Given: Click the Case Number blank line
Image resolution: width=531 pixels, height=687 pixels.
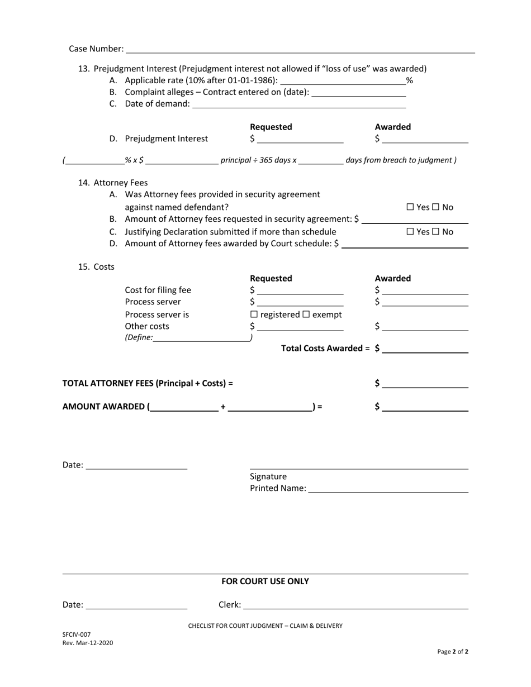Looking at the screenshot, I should (x=300, y=49).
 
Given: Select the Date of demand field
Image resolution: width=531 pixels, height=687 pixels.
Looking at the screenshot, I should (x=298, y=104).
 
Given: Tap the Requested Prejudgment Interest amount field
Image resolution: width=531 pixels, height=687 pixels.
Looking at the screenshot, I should (x=300, y=139).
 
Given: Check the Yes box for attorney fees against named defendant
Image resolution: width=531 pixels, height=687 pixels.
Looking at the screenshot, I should (x=410, y=208).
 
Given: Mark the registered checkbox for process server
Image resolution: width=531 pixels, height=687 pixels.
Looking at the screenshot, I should (x=254, y=315).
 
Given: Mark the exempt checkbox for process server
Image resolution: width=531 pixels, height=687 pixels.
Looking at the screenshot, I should (x=306, y=315).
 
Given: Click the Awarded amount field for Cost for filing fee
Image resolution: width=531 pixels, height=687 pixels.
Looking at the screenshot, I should (x=425, y=290).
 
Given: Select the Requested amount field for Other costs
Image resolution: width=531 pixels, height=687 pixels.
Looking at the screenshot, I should (x=300, y=327).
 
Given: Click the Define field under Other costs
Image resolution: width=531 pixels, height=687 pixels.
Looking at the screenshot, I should (x=201, y=338).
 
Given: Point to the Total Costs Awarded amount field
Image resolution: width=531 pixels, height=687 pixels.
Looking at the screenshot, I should (x=425, y=349).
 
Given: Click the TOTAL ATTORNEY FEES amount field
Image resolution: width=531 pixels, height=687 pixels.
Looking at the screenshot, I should (x=425, y=384).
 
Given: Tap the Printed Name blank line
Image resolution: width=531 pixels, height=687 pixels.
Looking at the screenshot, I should (x=388, y=489).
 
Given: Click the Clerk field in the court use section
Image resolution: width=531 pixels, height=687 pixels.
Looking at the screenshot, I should (x=355, y=605).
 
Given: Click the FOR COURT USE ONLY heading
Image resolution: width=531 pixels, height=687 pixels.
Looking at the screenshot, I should (x=265, y=581).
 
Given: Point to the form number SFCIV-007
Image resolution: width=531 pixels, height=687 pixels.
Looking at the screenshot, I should (x=77, y=634).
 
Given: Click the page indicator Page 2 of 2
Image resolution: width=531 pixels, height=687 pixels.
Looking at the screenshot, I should (x=453, y=652).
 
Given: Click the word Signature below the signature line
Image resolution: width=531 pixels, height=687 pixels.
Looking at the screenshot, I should (x=268, y=476).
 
